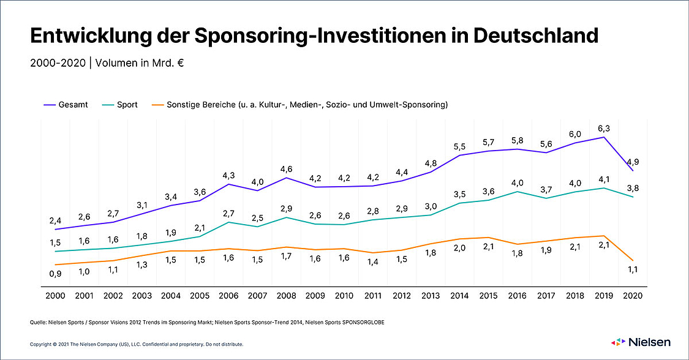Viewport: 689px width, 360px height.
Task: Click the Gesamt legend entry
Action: (67, 105)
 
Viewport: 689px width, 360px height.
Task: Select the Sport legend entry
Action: (120, 105)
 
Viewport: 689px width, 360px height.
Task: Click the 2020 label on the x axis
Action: (633, 295)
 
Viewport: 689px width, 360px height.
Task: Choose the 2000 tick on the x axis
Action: (55, 295)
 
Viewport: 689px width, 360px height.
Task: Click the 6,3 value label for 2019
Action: (604, 129)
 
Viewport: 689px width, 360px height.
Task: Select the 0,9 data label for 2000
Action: (55, 274)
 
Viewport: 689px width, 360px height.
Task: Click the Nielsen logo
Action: (641, 342)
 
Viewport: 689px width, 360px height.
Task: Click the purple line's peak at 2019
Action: (604, 137)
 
